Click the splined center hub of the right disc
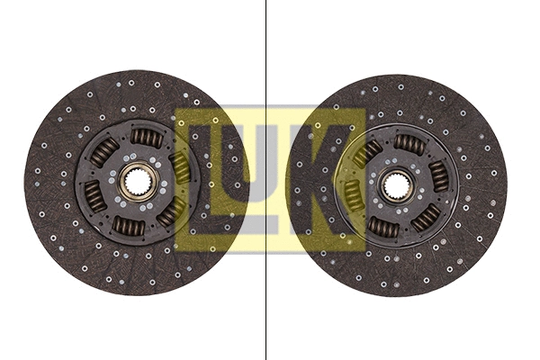pyautogui.click(x=395, y=186)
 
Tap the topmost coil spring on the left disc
pyautogui.click(x=147, y=137)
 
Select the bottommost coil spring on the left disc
pyautogui.click(x=128, y=226)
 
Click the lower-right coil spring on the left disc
pyautogui.click(x=169, y=214)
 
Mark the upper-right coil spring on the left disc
pyautogui.click(x=181, y=167)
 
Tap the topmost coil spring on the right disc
pyautogui.click(x=409, y=143)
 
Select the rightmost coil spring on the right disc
pyautogui.click(x=438, y=175)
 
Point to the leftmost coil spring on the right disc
pyautogui.click(x=352, y=193)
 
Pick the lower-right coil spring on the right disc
pyautogui.click(x=425, y=217)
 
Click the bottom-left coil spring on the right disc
pyautogui.click(x=383, y=228)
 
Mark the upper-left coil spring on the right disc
pyautogui.click(x=368, y=153)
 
